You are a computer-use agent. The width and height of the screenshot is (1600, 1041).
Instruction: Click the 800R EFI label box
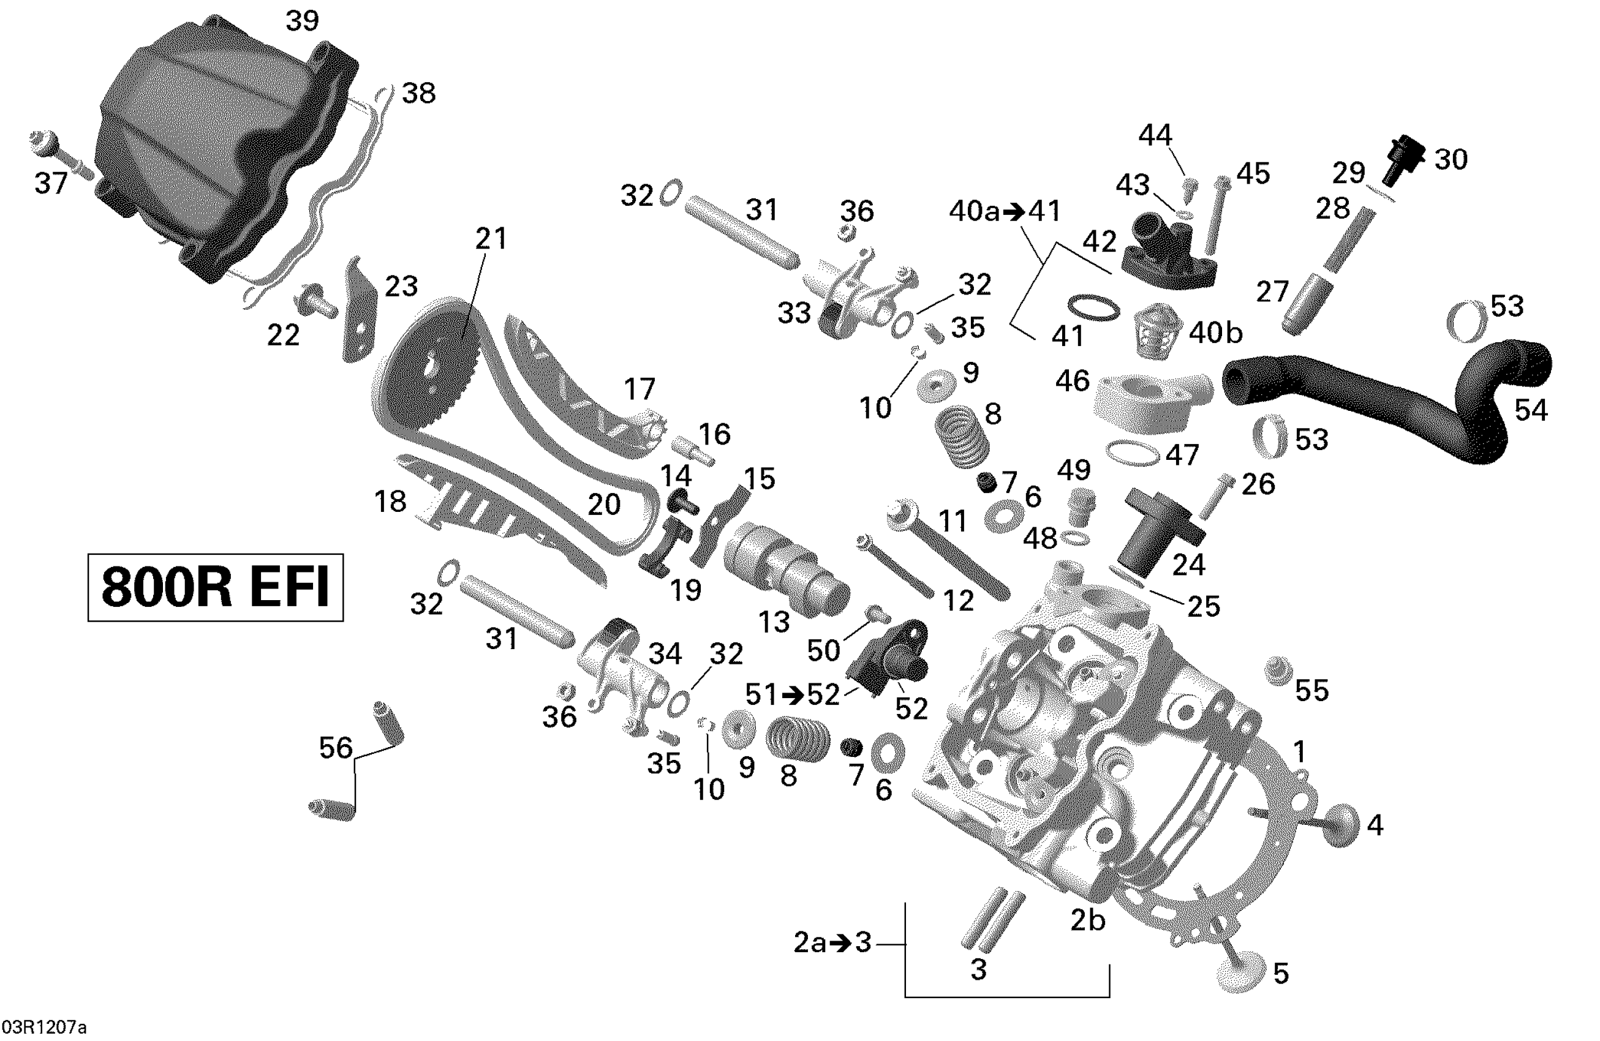pyautogui.click(x=215, y=587)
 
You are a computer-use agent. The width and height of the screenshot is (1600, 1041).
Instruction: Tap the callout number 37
pyautogui.click(x=51, y=184)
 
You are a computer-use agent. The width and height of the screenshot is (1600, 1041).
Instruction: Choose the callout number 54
pyautogui.click(x=1531, y=410)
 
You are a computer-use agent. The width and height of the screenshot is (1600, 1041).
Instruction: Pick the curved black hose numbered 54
pyautogui.click(x=1378, y=397)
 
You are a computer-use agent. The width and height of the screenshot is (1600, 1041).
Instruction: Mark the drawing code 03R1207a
pyautogui.click(x=43, y=1028)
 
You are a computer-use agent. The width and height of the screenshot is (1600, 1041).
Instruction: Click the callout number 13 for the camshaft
pyautogui.click(x=774, y=622)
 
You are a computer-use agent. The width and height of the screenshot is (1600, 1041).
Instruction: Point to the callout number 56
pyautogui.click(x=336, y=747)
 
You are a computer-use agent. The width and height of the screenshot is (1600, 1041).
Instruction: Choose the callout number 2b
pyautogui.click(x=1088, y=920)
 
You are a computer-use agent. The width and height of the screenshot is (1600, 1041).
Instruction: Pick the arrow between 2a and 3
pyautogui.click(x=840, y=943)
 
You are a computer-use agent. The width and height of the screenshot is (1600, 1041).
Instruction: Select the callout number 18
pyautogui.click(x=391, y=502)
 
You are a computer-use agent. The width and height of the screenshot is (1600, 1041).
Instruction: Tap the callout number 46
pyautogui.click(x=1072, y=380)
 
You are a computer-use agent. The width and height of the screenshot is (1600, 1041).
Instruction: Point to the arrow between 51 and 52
pyautogui.click(x=793, y=695)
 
